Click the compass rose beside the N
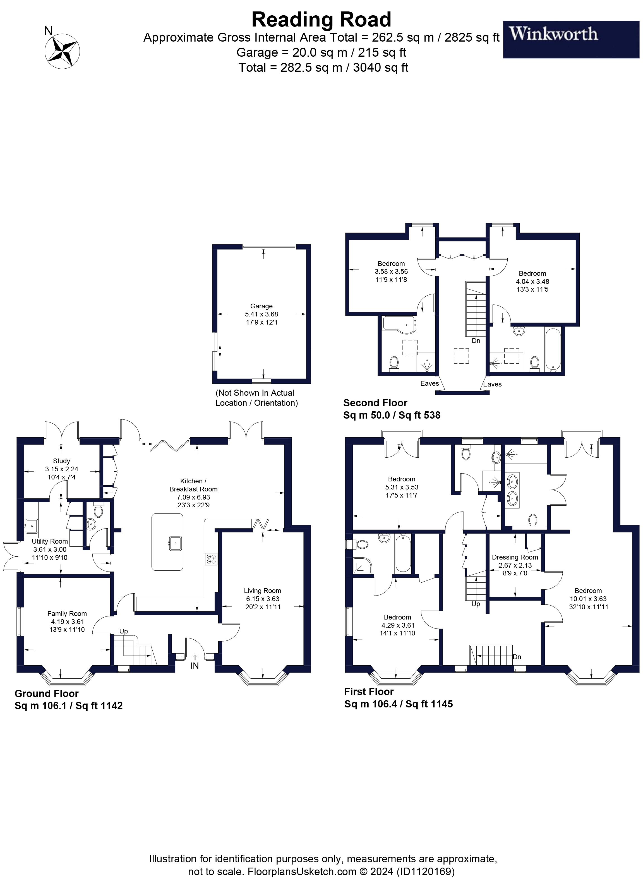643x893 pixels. tap(62, 51)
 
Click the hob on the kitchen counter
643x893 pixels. tap(211, 559)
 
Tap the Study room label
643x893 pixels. tap(61, 461)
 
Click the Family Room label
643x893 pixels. tap(67, 613)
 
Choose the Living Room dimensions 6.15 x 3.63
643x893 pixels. tap(263, 599)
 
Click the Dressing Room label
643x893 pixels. tap(515, 557)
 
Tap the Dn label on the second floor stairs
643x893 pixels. tap(476, 340)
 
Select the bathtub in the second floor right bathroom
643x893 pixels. tap(553, 349)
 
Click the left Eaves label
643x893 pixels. tap(429, 383)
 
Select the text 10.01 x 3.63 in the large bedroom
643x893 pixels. tap(588, 599)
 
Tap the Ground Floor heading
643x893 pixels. tap(46, 693)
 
